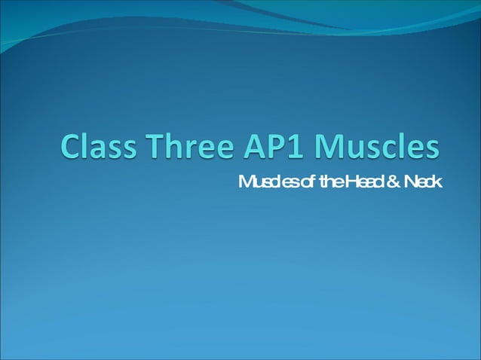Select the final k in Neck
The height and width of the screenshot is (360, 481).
pyautogui.click(x=438, y=182)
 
